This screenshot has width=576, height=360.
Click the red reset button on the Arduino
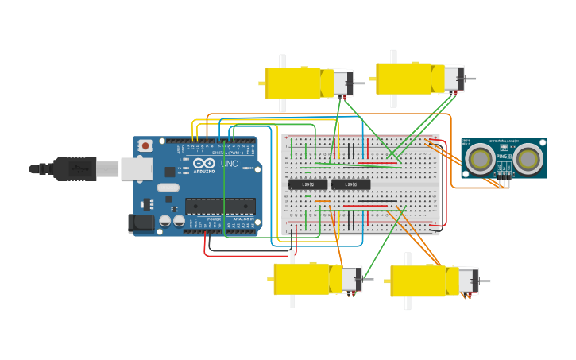pos(145,146)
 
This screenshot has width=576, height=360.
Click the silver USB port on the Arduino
pos(136,168)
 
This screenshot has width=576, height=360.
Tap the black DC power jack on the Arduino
pos(141,223)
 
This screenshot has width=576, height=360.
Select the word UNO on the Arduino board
pos(230,164)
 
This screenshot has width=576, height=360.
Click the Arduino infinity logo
pos(203,163)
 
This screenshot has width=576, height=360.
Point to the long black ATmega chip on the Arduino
pos(219,207)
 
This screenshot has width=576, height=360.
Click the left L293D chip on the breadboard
pos(307,185)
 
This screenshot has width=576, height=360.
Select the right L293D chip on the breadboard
pos(350,185)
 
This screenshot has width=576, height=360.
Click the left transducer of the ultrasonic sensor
pos(480,158)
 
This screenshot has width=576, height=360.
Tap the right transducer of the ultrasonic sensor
pos(529,158)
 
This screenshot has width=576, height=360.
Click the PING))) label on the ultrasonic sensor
pos(504,157)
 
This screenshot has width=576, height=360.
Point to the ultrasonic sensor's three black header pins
pos(504,183)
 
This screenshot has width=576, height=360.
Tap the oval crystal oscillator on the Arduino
pos(168,188)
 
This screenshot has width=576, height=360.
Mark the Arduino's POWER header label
pos(214,219)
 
